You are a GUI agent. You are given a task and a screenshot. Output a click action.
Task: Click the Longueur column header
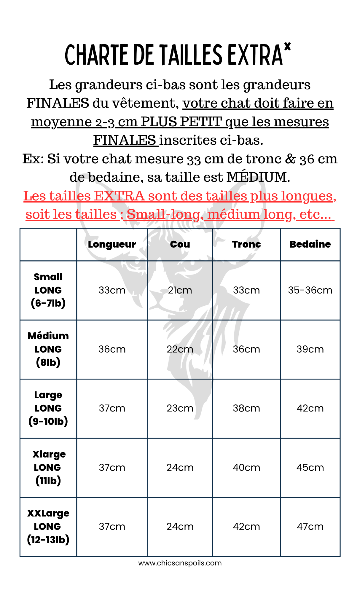pyautogui.click(x=112, y=244)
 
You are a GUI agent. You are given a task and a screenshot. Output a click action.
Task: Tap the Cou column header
pyautogui.click(x=180, y=244)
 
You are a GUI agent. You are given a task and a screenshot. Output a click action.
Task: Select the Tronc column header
pyautogui.click(x=246, y=244)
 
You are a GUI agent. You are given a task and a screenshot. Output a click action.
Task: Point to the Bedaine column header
pyautogui.click(x=310, y=244)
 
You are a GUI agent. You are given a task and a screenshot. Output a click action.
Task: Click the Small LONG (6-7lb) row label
pyautogui.click(x=48, y=290)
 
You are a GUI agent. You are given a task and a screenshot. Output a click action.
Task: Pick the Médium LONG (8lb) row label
pyautogui.click(x=48, y=349)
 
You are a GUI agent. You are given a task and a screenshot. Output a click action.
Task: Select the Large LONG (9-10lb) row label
pyautogui.click(x=48, y=408)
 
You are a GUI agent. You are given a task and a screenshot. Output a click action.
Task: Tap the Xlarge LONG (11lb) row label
pyautogui.click(x=48, y=467)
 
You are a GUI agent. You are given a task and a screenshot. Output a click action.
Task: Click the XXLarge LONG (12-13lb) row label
pyautogui.click(x=48, y=526)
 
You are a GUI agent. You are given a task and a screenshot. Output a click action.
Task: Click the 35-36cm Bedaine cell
pyautogui.click(x=310, y=290)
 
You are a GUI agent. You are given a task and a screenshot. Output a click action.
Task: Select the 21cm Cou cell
pyautogui.click(x=180, y=290)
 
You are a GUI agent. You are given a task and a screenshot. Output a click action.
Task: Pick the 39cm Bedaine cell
pyautogui.click(x=310, y=349)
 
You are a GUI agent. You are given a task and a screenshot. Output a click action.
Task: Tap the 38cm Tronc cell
pyautogui.click(x=246, y=408)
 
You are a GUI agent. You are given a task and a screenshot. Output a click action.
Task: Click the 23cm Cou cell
pyautogui.click(x=180, y=408)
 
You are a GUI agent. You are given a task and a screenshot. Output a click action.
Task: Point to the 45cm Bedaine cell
pyautogui.click(x=310, y=467)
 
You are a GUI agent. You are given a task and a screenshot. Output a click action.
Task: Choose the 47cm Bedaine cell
pyautogui.click(x=310, y=526)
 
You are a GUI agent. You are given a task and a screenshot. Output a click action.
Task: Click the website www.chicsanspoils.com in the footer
pyautogui.click(x=180, y=563)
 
